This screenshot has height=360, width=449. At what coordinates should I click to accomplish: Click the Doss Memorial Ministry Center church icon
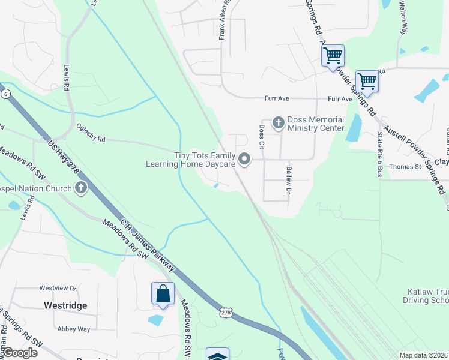[x=278, y=123]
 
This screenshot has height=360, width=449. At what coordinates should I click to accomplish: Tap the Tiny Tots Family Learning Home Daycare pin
[x=244, y=159]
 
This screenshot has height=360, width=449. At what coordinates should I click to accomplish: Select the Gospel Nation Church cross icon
[x=81, y=188]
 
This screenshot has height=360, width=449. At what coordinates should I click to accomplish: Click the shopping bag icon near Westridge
[x=163, y=293]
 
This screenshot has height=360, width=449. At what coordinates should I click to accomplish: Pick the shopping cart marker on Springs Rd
[x=333, y=56]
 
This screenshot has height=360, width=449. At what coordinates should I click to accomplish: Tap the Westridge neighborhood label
[x=65, y=305]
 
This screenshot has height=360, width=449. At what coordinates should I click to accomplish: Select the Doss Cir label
[x=262, y=136]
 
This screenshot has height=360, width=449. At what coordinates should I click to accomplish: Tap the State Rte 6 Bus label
[x=379, y=155]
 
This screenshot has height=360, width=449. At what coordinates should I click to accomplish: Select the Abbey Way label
[x=73, y=329]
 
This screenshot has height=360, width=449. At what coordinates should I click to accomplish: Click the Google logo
[x=19, y=353]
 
